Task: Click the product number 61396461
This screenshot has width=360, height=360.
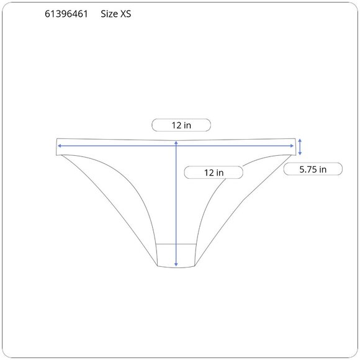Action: tap(66, 14)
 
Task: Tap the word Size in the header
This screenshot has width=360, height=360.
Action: tap(109, 14)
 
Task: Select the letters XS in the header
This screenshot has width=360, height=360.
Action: tap(126, 14)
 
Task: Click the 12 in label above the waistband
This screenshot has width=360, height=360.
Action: tap(181, 125)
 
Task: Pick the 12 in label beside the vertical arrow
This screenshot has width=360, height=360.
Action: tap(214, 173)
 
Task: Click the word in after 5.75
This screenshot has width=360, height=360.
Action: tap(323, 169)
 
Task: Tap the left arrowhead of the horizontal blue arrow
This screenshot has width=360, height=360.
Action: tap(59, 146)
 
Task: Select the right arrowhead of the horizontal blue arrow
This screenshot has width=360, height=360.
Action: tap(292, 146)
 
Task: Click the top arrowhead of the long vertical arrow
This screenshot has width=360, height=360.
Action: tap(176, 143)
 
